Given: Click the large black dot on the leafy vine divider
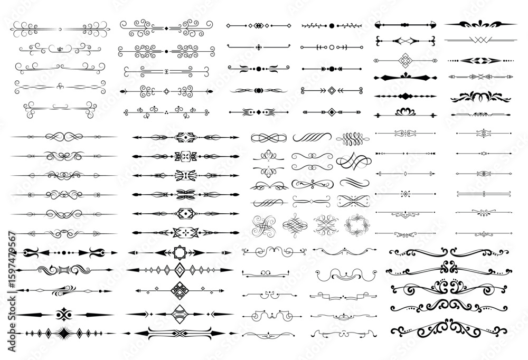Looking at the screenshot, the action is [332, 25].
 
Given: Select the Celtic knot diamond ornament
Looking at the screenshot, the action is [406, 61].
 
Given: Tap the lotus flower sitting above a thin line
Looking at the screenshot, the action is [405, 111].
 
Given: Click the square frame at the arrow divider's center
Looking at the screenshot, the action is [180, 252].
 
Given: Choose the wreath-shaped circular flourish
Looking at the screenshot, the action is [357, 225].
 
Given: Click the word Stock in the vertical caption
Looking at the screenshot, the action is [12, 307].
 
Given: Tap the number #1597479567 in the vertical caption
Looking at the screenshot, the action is [12, 260].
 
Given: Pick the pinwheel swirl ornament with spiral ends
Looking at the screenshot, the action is [263, 225].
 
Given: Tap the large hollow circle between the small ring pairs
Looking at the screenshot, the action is [332, 48].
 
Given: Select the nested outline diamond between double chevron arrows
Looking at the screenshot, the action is [332, 91].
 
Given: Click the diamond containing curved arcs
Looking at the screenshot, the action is [180, 314].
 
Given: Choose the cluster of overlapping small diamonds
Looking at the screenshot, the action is [258, 25].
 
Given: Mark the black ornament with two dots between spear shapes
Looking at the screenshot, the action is [64, 315].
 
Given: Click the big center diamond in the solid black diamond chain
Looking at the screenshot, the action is [406, 96].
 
